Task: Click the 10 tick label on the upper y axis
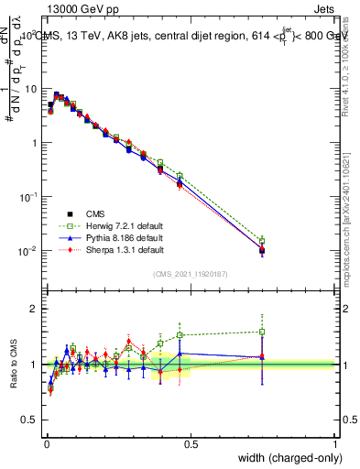pyautogui.click(x=30, y=89)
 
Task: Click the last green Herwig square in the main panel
pyautogui.click(x=262, y=241)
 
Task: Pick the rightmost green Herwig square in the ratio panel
pyautogui.click(x=262, y=332)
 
